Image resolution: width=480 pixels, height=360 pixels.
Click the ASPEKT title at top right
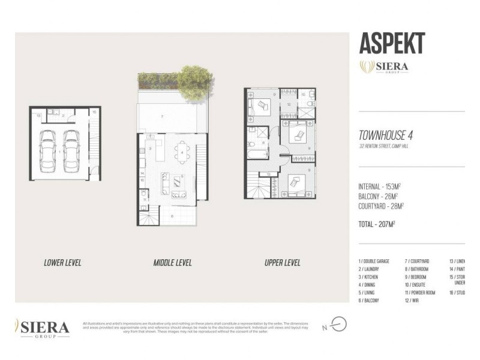[392, 44]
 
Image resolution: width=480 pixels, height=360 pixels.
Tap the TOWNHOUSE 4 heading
[386, 136]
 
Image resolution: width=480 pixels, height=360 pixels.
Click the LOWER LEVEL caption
[62, 263]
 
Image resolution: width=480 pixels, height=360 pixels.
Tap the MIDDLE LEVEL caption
[172, 263]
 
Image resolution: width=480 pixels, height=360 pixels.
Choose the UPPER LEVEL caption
[282, 263]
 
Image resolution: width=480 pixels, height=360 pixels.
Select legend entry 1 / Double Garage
[374, 261]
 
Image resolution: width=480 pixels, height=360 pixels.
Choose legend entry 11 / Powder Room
[419, 292]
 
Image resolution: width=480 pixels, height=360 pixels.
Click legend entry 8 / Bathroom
[416, 269]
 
